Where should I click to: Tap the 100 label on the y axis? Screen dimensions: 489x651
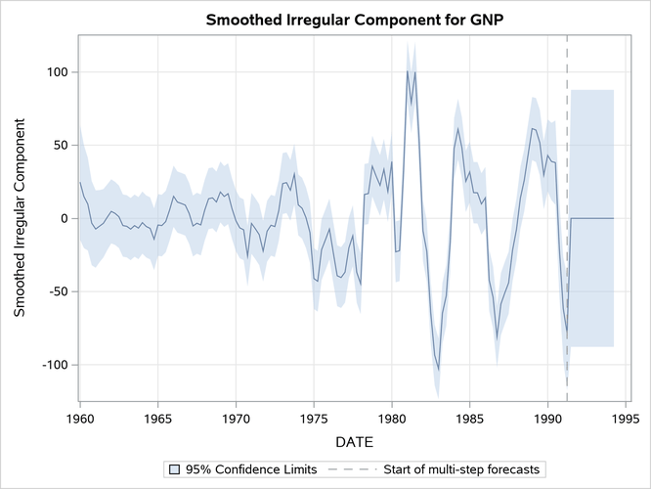point(54,72)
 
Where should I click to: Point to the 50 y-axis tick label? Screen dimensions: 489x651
point(58,146)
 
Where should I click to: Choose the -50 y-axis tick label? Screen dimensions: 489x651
point(56,291)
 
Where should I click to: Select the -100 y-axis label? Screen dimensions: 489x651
point(52,365)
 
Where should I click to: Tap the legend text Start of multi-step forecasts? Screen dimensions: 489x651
point(458,469)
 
